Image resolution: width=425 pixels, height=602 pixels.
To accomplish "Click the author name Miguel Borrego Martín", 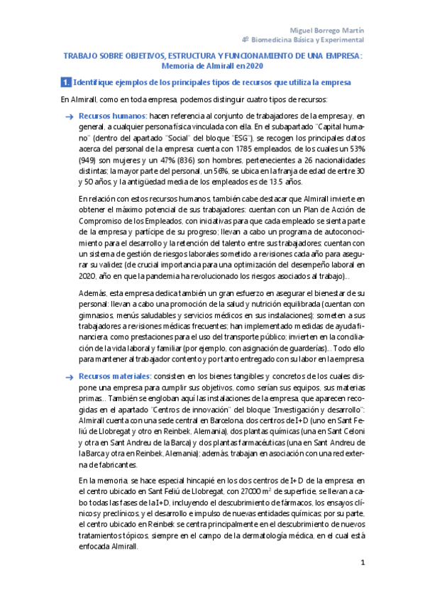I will coord(329,31).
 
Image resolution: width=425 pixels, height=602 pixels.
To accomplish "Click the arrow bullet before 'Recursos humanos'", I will coord(68,115).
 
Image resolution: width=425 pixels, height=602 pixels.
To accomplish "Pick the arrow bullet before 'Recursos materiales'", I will coord(68,376).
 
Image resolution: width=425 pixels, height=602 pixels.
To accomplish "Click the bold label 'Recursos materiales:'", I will coord(116,376).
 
